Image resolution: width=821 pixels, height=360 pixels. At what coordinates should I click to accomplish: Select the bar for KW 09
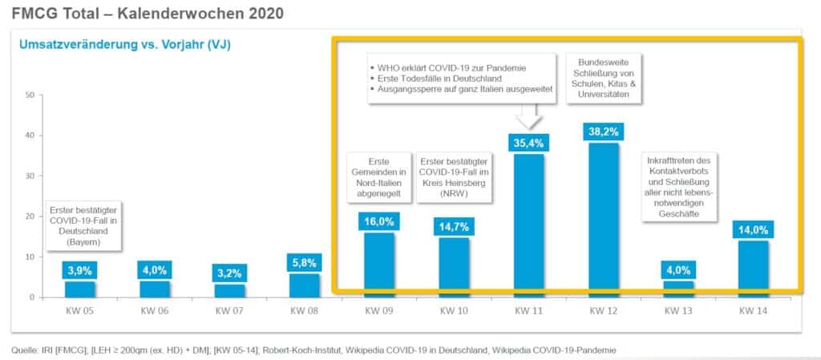coord(379,265)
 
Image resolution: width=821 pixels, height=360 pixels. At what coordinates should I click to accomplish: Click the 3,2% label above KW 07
coord(230,273)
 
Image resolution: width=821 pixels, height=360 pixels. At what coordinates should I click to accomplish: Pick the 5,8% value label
coord(305,263)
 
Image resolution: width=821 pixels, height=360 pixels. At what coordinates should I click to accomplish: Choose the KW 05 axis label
coord(81,310)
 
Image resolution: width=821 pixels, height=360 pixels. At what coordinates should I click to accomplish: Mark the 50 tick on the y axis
coord(30,95)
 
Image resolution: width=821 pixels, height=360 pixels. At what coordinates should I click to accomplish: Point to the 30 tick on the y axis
coord(30,176)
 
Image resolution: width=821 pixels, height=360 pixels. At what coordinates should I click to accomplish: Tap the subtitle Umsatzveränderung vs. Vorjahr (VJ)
coord(124,45)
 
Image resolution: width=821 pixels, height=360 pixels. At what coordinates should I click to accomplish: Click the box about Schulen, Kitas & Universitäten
coord(603,78)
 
